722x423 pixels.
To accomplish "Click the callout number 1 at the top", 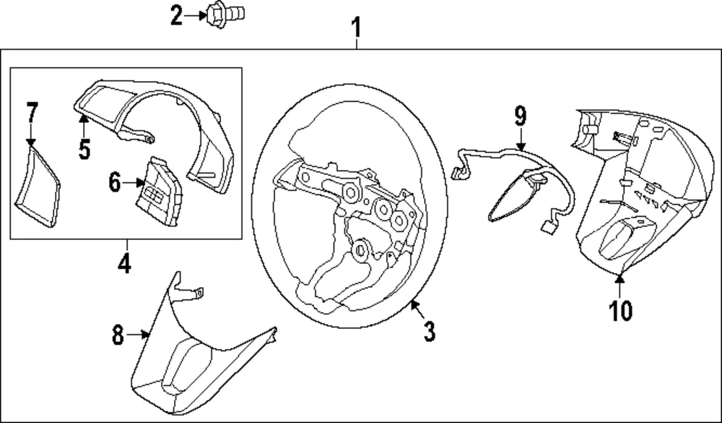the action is [357, 27].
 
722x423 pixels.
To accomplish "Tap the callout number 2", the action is [176, 16].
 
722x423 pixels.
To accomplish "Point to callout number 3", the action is [429, 331].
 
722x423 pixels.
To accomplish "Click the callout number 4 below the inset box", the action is [124, 263].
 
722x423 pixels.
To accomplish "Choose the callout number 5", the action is [84, 149].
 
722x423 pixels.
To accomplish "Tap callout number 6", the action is [115, 182].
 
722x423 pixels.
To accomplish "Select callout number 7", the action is [31, 113].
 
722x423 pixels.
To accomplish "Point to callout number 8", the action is [118, 335].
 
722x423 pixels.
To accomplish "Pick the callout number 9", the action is [520, 116].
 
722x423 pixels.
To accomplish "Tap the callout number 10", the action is [620, 310].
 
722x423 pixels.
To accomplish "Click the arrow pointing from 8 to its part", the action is [138, 335].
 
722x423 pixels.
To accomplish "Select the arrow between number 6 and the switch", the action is [134, 183].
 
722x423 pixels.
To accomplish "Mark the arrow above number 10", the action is [619, 286].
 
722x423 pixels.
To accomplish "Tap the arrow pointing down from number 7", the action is [31, 135].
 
